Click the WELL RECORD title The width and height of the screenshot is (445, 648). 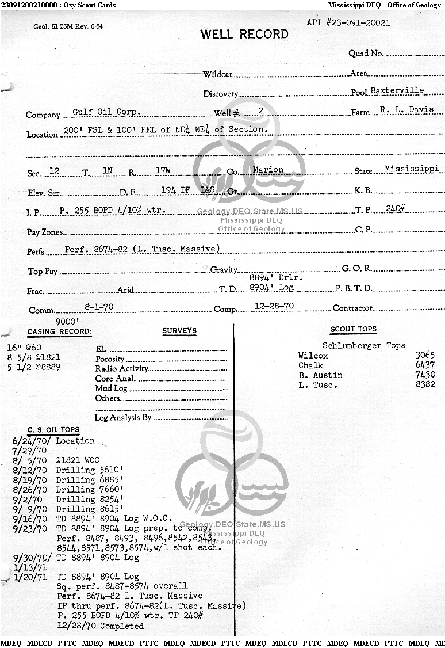(x=244, y=35)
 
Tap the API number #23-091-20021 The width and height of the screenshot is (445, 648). (x=348, y=23)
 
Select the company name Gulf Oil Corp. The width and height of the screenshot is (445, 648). (x=106, y=112)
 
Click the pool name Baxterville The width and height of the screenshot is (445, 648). (x=397, y=90)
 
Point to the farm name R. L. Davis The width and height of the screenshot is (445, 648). (x=406, y=109)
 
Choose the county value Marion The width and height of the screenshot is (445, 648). (x=268, y=170)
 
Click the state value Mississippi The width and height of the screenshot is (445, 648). (x=411, y=169)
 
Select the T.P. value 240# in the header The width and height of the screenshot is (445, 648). (x=396, y=208)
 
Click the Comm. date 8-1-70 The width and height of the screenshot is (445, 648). (x=99, y=307)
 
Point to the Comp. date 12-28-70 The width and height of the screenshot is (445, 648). (x=274, y=306)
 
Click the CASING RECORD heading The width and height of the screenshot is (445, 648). (x=59, y=332)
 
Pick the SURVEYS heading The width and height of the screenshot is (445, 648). (x=179, y=331)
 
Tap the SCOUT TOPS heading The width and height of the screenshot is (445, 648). (x=353, y=330)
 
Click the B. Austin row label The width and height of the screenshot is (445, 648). (x=320, y=375)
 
